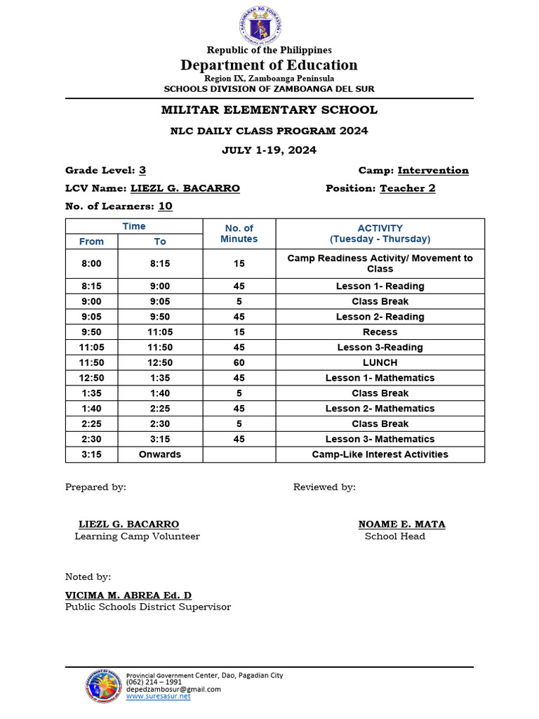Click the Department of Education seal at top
pos(261,25)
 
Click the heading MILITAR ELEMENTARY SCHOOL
pos(269,110)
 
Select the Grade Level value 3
pos(142,170)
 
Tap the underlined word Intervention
pos(433,170)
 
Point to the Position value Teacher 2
pos(407,188)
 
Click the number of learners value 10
pos(165,206)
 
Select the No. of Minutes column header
pos(239,233)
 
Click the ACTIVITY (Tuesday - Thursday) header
pos(380,233)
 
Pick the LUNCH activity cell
pos(380,362)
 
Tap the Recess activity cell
pos(380,332)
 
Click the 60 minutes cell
pos(239,362)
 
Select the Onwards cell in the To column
pos(160,454)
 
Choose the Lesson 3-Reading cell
pos(380,348)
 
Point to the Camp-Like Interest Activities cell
pos(380,454)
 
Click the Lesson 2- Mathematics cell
pos(380,409)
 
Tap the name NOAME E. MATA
pos(401,524)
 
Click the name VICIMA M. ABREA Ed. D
pos(128,595)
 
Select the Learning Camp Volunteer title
pos(137,536)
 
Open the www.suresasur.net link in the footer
pos(158,697)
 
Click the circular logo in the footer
pos(103,685)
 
